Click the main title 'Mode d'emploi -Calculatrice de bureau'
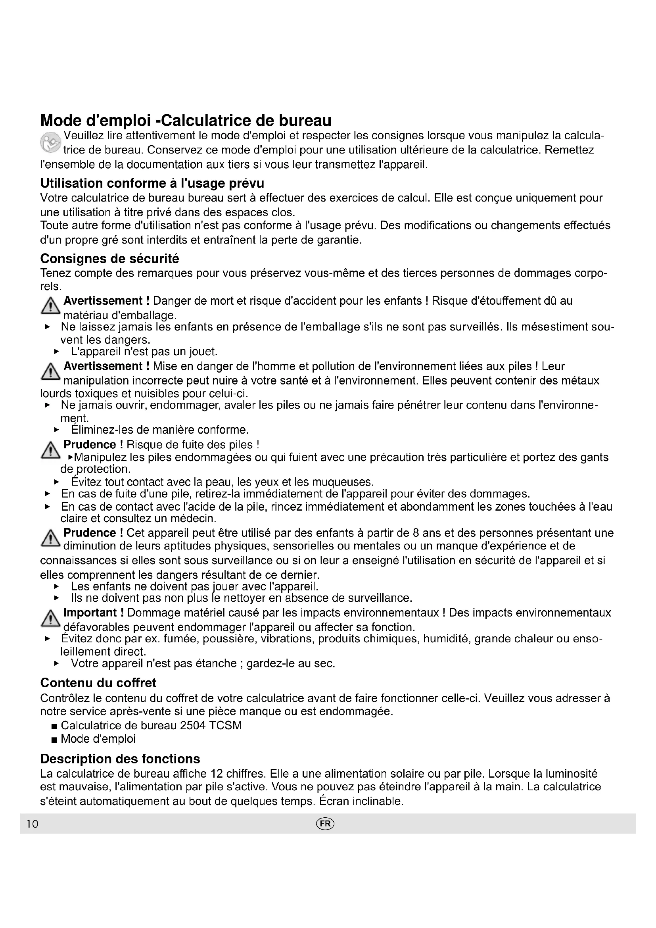pos(186,121)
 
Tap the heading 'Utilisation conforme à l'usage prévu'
pos(152,184)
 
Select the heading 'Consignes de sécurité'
pos(109,259)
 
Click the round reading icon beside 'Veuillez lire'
pos(50,143)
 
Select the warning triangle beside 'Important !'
pos(50,619)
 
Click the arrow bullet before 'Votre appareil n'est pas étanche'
pos(57,664)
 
